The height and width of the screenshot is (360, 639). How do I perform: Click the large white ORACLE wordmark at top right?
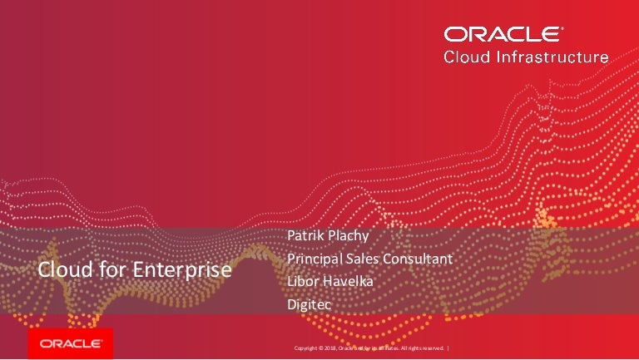pyautogui.click(x=501, y=34)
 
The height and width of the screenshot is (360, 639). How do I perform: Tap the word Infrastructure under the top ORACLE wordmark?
pyautogui.click(x=557, y=57)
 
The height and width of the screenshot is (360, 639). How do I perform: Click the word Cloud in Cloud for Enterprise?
pyautogui.click(x=60, y=271)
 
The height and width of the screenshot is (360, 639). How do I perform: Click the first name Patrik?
pyautogui.click(x=305, y=236)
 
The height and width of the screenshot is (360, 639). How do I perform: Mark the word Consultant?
pyautogui.click(x=421, y=259)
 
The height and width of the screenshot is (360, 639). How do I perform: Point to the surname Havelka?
pyautogui.click(x=350, y=282)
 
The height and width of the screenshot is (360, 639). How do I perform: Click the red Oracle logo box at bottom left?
pyautogui.click(x=71, y=343)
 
